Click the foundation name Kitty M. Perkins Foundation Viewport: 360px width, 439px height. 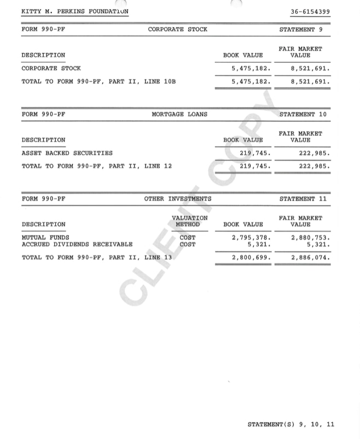tap(75, 11)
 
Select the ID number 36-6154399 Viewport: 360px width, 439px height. tap(310, 11)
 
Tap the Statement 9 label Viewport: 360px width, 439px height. tap(301, 30)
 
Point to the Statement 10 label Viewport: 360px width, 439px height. tap(303, 115)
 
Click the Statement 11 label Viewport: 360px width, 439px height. tap(303, 199)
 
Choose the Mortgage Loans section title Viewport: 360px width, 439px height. tap(179, 115)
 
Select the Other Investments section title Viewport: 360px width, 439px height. tap(177, 199)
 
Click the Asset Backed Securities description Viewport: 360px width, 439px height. tap(67, 153)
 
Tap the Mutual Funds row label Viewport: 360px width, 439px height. tap(45, 238)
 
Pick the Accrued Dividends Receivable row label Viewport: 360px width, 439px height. tap(77, 244)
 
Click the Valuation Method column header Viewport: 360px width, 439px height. tap(189, 221)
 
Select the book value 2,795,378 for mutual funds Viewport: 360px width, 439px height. tap(251, 238)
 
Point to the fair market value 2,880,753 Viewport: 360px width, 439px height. tap(310, 238)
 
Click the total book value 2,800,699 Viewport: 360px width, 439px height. tap(251, 257)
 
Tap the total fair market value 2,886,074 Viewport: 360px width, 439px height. tap(310, 257)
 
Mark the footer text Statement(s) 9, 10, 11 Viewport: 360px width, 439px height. tap(291, 424)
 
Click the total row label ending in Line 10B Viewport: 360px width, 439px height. tap(98, 82)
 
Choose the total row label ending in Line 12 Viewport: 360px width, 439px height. tap(96, 166)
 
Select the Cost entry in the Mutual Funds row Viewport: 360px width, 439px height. tap(187, 238)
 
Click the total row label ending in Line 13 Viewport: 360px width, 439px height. tap(96, 257)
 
